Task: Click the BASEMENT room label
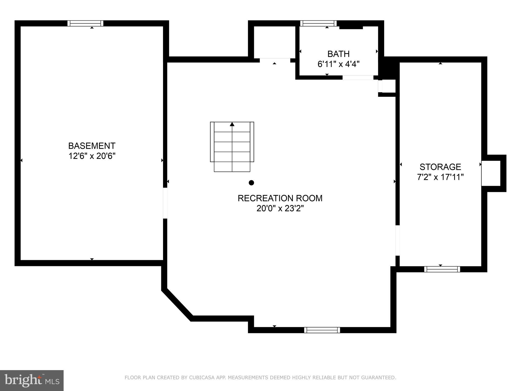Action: pos(92,146)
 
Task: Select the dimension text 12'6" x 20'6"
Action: pos(92,156)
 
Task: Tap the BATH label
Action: pos(338,54)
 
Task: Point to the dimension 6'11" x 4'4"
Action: pos(338,64)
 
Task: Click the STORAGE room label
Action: pos(440,167)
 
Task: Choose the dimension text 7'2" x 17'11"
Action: pos(440,177)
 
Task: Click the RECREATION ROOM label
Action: pos(280,198)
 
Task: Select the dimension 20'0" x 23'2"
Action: pos(280,208)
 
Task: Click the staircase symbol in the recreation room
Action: pos(232,147)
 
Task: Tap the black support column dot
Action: pos(251,183)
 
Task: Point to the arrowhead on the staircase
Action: pos(232,124)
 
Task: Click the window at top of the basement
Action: pos(85,23)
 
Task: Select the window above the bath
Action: pos(318,23)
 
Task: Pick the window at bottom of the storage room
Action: pos(442,269)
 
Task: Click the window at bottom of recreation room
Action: pos(322,330)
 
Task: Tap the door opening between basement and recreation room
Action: pos(165,203)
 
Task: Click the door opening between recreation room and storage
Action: pos(397,240)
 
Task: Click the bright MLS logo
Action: pos(32,380)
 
